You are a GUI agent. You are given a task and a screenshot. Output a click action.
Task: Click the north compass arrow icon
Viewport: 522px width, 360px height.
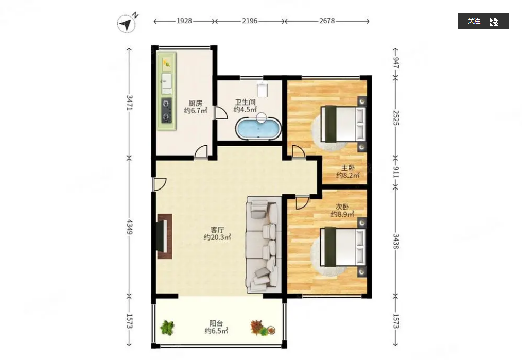point(127,24)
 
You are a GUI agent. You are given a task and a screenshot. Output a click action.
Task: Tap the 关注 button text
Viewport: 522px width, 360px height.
point(474,21)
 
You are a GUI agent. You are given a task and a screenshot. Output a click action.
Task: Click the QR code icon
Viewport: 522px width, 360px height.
point(494,22)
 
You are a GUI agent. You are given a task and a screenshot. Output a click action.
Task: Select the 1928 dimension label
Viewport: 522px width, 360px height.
point(184,21)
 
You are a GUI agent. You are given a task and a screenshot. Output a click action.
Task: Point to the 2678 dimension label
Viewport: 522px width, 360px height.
point(327,21)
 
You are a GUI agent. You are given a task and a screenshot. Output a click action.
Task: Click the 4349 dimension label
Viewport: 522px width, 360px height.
point(130,227)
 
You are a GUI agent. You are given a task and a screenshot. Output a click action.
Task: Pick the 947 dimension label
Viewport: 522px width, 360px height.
point(396,63)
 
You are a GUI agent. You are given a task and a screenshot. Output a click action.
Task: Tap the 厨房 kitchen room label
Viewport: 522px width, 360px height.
point(196,103)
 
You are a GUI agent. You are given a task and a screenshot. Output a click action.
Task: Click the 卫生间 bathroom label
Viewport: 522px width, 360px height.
point(245,102)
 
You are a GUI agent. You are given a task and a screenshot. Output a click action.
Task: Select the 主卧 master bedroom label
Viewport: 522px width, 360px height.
point(348,168)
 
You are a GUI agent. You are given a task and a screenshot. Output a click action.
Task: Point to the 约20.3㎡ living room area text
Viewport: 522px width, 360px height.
point(217,237)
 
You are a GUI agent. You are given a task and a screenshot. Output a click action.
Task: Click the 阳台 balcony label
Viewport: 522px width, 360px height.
point(216,323)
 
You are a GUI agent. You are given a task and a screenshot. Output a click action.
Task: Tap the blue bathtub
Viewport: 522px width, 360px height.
point(258,128)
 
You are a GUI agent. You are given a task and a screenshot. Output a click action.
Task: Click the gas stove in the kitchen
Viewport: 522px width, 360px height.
point(167,110)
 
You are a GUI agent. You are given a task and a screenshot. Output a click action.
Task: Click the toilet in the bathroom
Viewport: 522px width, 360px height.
point(263,89)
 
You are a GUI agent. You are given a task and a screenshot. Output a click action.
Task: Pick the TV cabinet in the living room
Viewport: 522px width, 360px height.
point(164,236)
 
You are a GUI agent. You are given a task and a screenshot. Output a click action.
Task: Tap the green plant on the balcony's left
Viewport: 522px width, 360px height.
point(167,328)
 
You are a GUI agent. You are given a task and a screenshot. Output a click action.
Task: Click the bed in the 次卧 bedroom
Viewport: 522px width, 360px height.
point(343,247)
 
